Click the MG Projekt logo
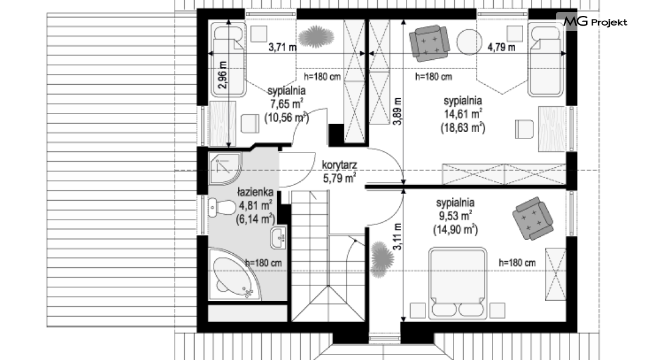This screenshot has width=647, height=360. pos(595,22)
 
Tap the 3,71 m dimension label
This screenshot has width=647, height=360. pos(283,48)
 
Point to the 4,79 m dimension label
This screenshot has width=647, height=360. pos(501,48)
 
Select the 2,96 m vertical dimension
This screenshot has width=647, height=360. pos(222,74)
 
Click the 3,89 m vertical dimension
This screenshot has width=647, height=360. pos(397,111)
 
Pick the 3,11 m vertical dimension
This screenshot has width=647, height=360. pos(397,236)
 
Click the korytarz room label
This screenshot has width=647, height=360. pos(339,165)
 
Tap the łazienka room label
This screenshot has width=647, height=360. pos(255,192)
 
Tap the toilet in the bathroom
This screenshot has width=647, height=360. pos(221,207)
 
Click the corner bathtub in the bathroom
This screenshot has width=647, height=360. pos(233,273)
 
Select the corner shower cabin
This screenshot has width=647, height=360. pos(224,168)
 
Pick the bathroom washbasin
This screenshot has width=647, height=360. pos(279,238)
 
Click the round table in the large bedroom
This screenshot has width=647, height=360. pos(469,41)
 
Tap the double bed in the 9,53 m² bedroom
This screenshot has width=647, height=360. pos(458,283)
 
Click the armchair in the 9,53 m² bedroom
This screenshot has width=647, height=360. pos(532,218)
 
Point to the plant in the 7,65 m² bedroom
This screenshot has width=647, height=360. pos(316,37)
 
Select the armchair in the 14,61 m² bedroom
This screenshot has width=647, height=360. pos(429,43)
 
